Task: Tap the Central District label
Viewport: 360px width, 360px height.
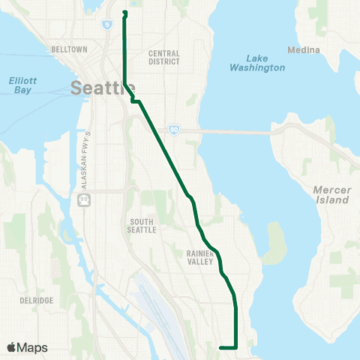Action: (x=165, y=57)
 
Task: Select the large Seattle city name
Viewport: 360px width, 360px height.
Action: (x=98, y=88)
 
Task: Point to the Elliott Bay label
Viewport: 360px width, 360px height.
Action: (x=22, y=85)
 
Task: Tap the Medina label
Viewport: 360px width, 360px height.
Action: (x=304, y=50)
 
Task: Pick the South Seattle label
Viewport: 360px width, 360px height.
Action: (x=142, y=226)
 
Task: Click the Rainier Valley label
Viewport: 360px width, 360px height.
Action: (x=202, y=257)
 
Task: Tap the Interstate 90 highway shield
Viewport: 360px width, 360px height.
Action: (x=173, y=129)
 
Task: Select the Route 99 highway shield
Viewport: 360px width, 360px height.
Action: (x=81, y=200)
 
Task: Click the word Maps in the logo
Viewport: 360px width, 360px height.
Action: (x=34, y=347)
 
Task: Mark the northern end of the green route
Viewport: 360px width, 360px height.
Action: (x=124, y=13)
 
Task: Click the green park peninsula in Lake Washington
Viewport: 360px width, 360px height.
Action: (x=275, y=240)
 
